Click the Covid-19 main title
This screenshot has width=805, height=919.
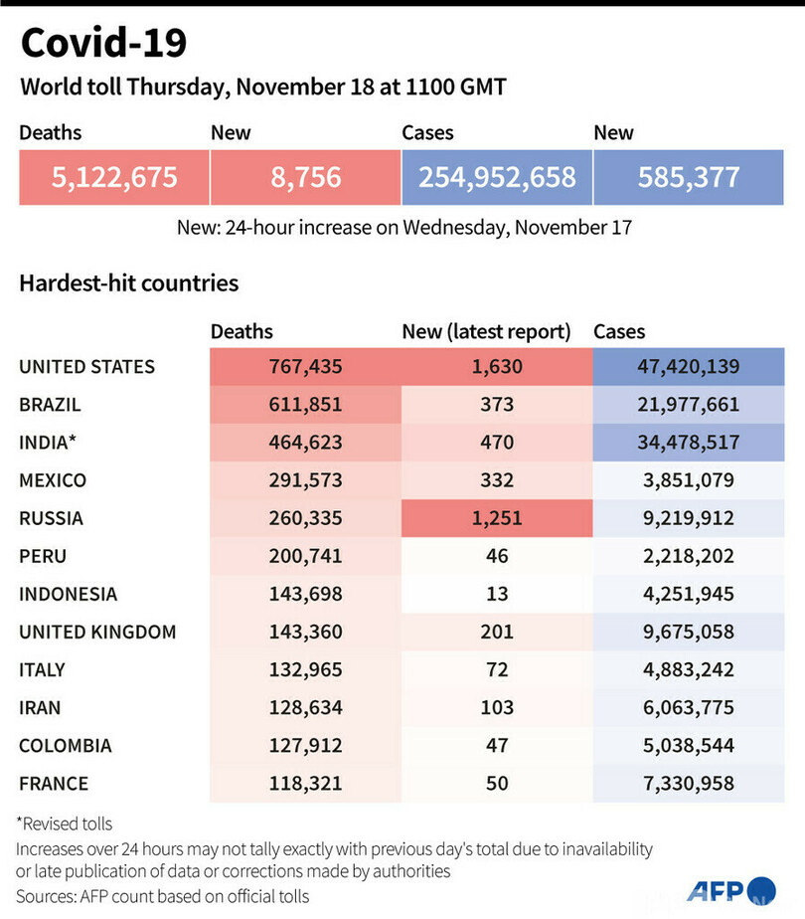(103, 43)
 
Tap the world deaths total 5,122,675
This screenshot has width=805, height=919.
(114, 177)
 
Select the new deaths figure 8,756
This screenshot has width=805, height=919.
(305, 177)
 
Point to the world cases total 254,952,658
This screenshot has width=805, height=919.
(497, 177)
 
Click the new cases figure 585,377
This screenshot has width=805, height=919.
(690, 177)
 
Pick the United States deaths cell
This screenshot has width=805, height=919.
(305, 367)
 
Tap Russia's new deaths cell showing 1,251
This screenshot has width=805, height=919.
(497, 518)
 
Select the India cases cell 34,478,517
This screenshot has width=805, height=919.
(689, 443)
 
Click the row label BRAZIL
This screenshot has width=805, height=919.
(50, 405)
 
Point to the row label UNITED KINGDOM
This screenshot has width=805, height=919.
(97, 632)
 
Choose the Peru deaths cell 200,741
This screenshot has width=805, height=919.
(305, 556)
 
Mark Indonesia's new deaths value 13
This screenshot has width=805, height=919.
(497, 594)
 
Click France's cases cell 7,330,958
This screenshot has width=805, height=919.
(689, 784)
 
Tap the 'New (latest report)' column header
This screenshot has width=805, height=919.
(486, 331)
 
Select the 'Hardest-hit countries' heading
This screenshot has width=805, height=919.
(129, 283)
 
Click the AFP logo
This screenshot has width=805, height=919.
(730, 889)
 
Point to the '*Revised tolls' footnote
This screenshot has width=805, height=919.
(66, 824)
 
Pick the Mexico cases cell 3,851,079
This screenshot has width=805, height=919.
(689, 480)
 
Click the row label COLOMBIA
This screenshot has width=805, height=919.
(65, 745)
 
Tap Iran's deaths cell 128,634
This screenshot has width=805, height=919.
(305, 707)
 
